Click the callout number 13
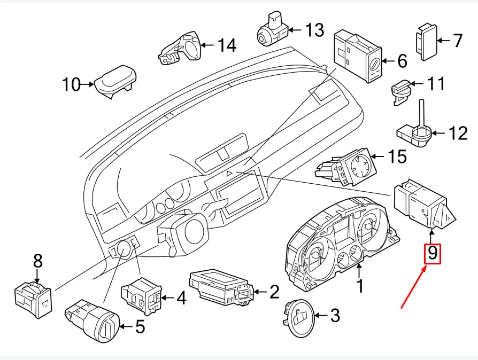coord(314,30)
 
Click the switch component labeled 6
coord(357,55)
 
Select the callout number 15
coord(397,156)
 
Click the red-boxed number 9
coord(432,253)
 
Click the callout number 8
coord(37,261)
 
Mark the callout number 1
coord(360,286)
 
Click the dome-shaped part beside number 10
coord(114,80)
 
